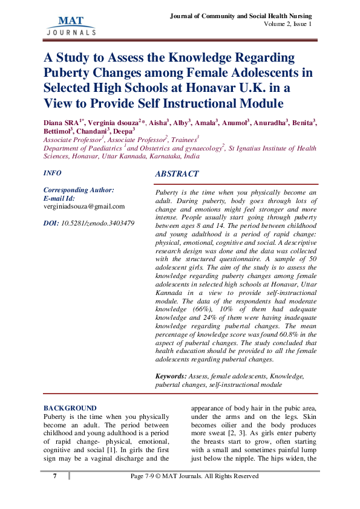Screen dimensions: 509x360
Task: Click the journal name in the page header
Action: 241,15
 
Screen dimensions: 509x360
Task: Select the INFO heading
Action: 53,173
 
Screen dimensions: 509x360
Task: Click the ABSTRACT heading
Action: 177,174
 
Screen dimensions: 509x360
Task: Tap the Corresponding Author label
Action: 79,190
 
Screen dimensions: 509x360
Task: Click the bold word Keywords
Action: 171,376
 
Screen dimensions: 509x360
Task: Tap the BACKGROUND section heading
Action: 70,408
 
